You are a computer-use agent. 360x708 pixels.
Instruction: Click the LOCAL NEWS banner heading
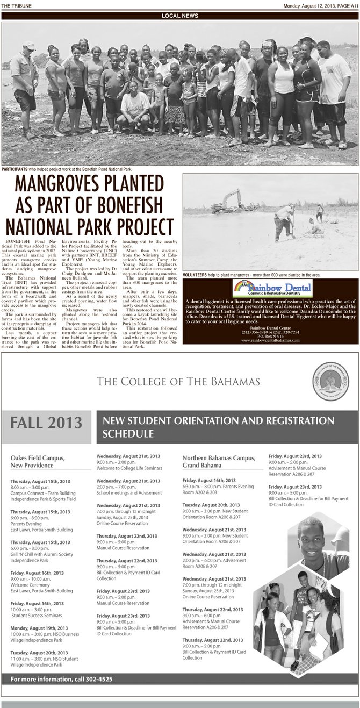pos(179,16)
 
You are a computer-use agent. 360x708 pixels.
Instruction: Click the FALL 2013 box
pos(47,423)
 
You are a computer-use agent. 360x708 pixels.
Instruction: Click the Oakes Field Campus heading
pos(38,461)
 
